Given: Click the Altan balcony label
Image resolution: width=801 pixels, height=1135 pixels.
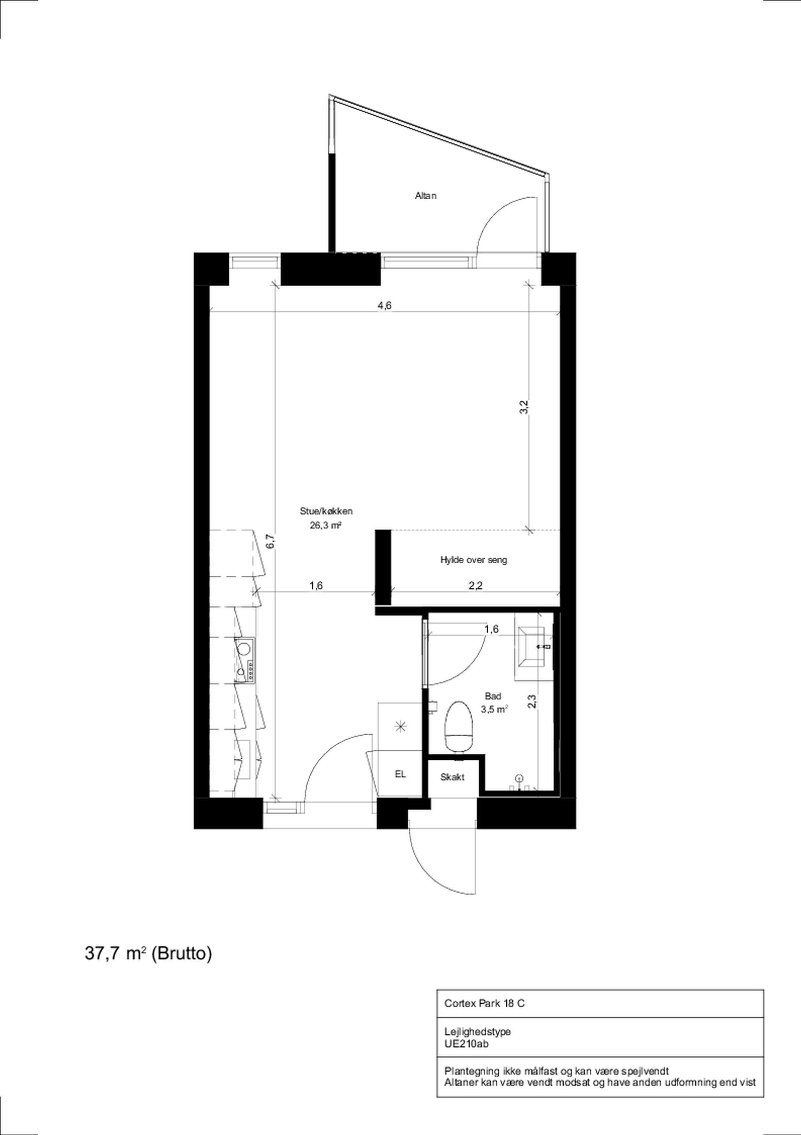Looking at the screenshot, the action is point(426,196).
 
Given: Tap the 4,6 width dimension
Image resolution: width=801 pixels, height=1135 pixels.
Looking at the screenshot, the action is point(384,306).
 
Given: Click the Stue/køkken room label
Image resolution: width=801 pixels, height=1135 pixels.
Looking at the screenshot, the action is point(326,512).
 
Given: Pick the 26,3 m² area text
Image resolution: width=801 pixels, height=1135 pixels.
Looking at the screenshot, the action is point(326,526).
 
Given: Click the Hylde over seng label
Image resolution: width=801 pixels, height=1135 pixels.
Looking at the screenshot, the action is point(473,560).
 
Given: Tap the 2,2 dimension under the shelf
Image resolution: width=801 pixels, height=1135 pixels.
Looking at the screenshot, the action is point(475,586).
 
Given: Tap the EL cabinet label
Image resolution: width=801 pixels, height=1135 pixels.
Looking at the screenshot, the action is point(400,775).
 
